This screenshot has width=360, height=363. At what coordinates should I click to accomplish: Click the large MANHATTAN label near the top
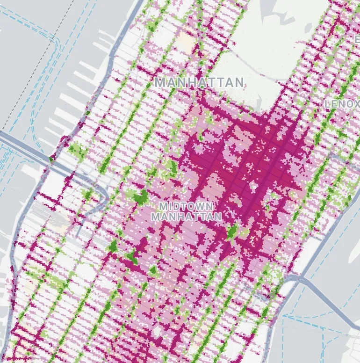pyautogui.click(x=200, y=83)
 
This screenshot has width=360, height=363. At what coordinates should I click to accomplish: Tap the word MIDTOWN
pyautogui.click(x=186, y=206)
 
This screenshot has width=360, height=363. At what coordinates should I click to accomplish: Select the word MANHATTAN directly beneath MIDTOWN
pyautogui.click(x=186, y=217)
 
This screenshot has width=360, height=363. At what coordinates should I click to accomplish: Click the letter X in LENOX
pyautogui.click(x=355, y=103)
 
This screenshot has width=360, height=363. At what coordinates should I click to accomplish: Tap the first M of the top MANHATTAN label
pyautogui.click(x=160, y=83)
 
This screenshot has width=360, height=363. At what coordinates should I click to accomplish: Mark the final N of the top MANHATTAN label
pyautogui.click(x=239, y=83)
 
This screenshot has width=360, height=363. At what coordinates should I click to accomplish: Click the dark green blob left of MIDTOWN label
pyautogui.click(x=140, y=197)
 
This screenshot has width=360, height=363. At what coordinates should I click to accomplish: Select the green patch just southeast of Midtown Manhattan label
pyautogui.click(x=232, y=232)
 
